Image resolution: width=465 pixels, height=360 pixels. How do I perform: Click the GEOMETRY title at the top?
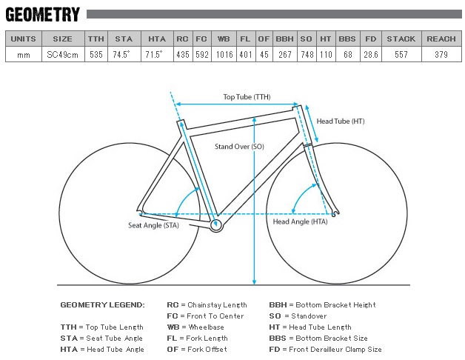click(43, 15)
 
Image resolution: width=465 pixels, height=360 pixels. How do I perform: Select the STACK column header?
click(401, 39)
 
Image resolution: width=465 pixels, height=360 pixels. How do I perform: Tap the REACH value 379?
click(441, 55)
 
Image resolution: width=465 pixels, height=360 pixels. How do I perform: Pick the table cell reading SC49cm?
click(63, 55)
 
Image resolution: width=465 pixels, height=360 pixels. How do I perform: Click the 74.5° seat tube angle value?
click(121, 54)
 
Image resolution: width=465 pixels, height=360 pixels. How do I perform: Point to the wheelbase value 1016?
click(224, 55)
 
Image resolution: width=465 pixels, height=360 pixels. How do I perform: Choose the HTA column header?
click(157, 39)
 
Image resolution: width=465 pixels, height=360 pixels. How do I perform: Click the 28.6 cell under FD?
click(371, 55)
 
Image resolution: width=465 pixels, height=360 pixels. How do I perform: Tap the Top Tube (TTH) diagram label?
click(247, 97)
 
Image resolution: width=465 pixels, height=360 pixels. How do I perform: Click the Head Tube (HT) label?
click(341, 121)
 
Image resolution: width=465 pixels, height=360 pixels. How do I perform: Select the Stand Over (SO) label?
click(239, 147)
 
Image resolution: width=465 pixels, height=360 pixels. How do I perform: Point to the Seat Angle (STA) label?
click(153, 225)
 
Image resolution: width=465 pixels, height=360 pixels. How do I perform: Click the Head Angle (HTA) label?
click(300, 221)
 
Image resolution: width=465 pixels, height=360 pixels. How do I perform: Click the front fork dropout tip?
click(334, 215)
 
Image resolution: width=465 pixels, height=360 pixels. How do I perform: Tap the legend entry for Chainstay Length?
click(207, 304)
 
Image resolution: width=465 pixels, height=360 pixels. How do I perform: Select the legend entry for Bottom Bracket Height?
click(322, 304)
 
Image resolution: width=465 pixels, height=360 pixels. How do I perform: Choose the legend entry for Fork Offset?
click(197, 350)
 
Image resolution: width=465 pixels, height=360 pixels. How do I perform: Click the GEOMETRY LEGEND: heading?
click(102, 304)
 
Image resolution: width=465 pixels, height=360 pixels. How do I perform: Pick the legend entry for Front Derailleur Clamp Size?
click(325, 350)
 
